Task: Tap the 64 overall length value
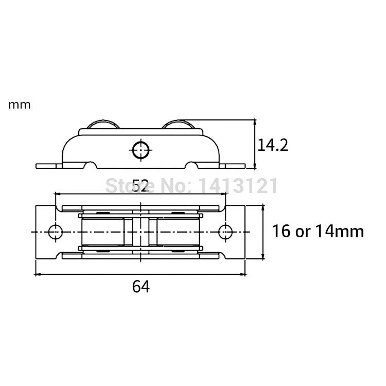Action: point(141,287)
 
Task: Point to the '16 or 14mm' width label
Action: point(318,232)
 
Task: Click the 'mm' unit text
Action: point(20,105)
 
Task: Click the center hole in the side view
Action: point(141,150)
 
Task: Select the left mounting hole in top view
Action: point(55,232)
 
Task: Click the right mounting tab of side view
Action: point(234,166)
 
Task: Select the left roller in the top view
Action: point(101,232)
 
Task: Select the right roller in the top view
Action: point(178,232)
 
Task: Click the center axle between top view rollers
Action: point(141,232)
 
